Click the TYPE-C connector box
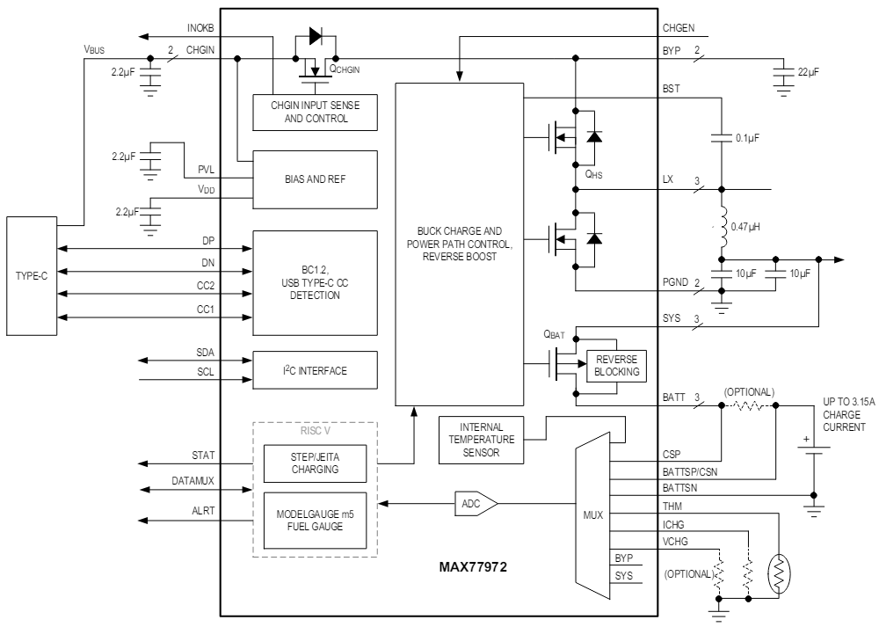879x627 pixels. pyautogui.click(x=34, y=276)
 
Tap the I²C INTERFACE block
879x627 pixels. pyautogui.click(x=314, y=370)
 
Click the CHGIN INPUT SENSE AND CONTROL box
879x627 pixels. pyautogui.click(x=314, y=111)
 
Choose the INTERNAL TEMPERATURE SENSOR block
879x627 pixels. pyautogui.click(x=480, y=439)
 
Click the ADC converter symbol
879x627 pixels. pyautogui.click(x=474, y=504)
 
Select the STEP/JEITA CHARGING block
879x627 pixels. pyautogui.click(x=314, y=463)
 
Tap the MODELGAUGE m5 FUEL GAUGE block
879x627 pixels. pyautogui.click(x=314, y=521)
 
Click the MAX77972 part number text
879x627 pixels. pyautogui.click(x=473, y=567)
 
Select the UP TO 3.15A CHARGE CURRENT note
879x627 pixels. pyautogui.click(x=844, y=414)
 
